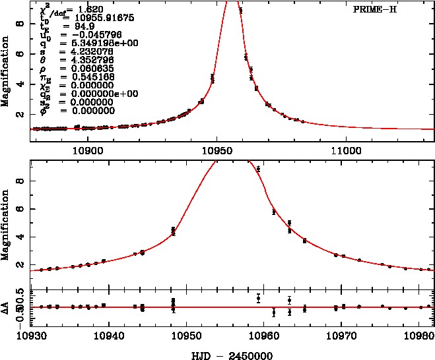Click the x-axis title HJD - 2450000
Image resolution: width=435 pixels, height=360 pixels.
(228, 354)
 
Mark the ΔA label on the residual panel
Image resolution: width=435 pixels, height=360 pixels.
(6, 307)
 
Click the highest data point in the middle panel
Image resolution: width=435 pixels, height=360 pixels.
(258, 169)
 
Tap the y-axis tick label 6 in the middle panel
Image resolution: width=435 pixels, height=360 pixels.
(22, 209)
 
